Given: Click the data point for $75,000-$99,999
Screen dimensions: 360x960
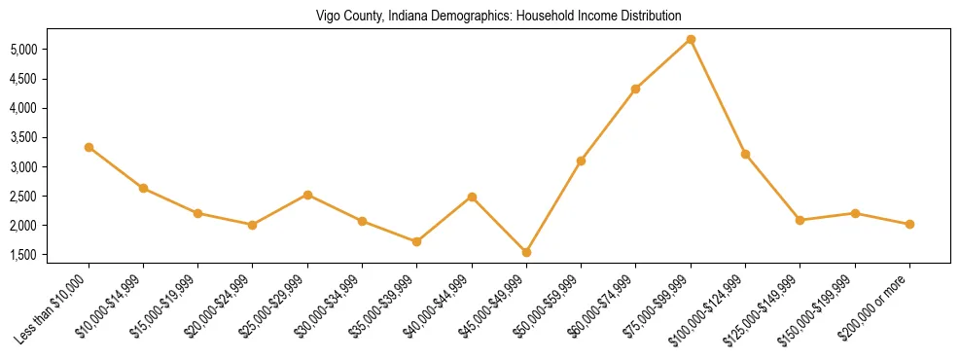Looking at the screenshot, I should (691, 39).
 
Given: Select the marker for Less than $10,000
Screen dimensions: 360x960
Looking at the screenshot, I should (89, 147).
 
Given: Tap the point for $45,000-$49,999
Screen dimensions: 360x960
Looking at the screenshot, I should (526, 252).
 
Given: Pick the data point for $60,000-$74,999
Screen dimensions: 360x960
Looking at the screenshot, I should (635, 89).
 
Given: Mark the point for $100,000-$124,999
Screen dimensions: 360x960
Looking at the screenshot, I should (745, 154).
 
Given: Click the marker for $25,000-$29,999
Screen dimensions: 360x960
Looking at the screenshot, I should (307, 195).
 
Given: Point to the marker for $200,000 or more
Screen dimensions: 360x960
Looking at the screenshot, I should (909, 224).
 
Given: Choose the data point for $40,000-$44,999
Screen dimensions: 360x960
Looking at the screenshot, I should (472, 197).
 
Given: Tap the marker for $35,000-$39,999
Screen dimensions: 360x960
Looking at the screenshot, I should (416, 241).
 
